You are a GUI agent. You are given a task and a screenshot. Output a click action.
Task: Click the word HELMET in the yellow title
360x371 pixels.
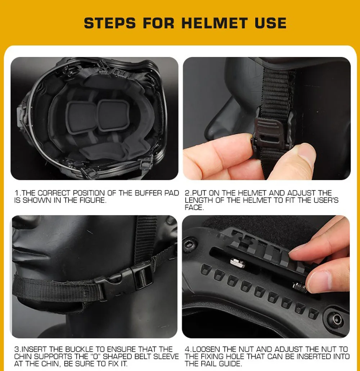click(214, 23)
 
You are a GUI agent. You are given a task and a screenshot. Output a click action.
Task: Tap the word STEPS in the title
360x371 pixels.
click(110, 23)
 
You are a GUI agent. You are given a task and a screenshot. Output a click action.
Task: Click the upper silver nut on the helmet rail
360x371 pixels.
click(237, 263)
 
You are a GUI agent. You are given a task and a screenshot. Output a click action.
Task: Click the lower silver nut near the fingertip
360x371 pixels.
click(300, 287)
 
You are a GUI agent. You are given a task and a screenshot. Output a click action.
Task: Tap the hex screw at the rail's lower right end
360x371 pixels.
click(336, 319)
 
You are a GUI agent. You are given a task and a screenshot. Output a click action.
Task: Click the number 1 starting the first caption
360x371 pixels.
click(16, 193)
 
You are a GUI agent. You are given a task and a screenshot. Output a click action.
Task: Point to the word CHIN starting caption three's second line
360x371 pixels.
click(22, 356)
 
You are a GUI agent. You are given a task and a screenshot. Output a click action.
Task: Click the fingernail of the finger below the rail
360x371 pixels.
click(318, 280)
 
